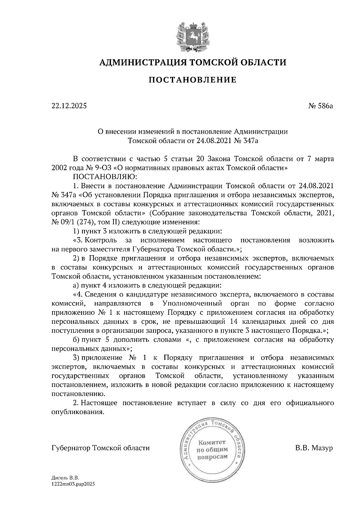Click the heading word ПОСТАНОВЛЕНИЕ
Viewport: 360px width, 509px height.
192,80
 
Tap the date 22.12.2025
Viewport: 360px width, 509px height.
69,106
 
